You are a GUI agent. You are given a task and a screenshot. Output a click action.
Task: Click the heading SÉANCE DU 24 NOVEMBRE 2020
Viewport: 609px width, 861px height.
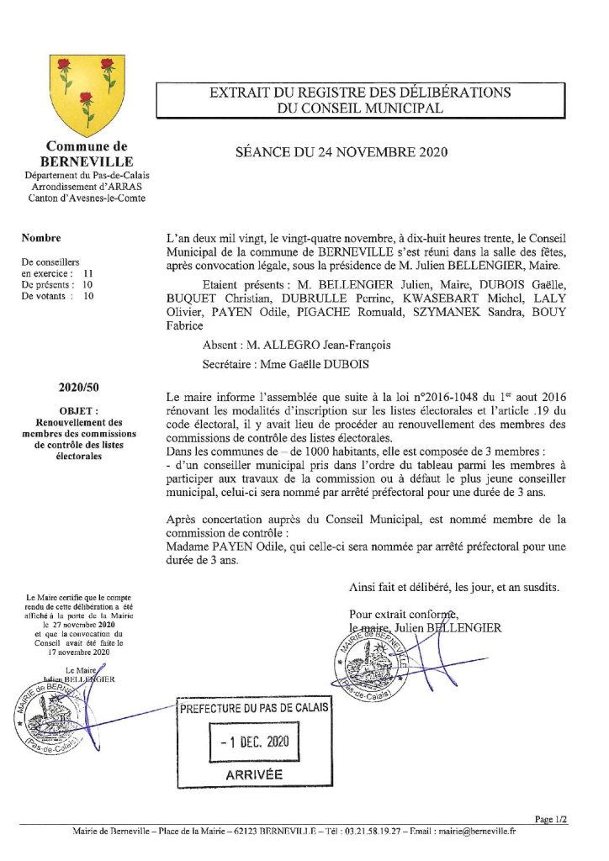341,152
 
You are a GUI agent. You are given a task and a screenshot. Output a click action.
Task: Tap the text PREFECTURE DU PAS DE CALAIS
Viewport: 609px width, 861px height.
252,708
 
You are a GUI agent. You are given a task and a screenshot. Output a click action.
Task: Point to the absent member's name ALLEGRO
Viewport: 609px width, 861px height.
294,345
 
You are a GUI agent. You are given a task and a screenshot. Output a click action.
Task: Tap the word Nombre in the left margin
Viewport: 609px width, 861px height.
40,238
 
